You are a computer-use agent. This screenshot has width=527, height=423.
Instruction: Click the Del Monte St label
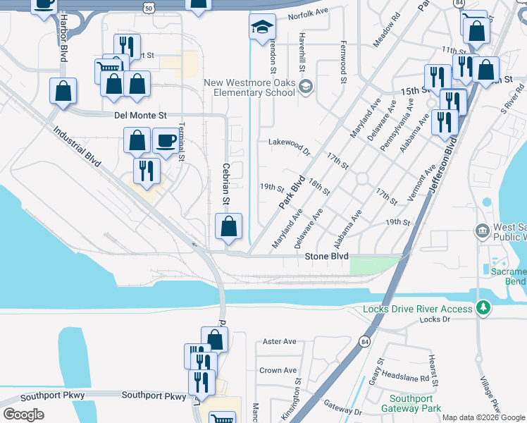tap(138, 115)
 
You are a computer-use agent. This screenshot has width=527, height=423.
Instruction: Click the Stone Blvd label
tap(326, 257)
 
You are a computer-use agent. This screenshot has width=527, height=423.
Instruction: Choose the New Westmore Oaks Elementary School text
tap(249, 87)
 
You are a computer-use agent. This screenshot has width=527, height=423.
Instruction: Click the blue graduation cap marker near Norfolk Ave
tap(261, 27)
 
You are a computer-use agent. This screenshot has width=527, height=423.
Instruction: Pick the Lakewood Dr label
tap(289, 142)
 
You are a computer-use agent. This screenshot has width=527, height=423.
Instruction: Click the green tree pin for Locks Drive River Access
tap(483, 308)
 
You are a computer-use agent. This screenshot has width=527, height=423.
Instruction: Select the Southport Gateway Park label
tap(411, 403)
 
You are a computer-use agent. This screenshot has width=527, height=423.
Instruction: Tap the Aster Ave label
tap(279, 342)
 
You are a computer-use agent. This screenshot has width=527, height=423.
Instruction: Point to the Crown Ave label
tap(278, 370)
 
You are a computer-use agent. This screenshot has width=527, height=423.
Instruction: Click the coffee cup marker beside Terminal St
tap(166, 140)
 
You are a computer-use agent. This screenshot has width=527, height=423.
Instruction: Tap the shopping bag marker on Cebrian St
tap(228, 227)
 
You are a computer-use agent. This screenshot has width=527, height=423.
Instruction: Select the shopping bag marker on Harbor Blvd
tap(63, 91)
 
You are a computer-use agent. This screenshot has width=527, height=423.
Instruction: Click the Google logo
tap(24, 415)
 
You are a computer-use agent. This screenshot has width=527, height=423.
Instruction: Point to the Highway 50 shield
tap(147, 7)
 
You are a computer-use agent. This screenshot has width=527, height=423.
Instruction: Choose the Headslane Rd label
tap(406, 378)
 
